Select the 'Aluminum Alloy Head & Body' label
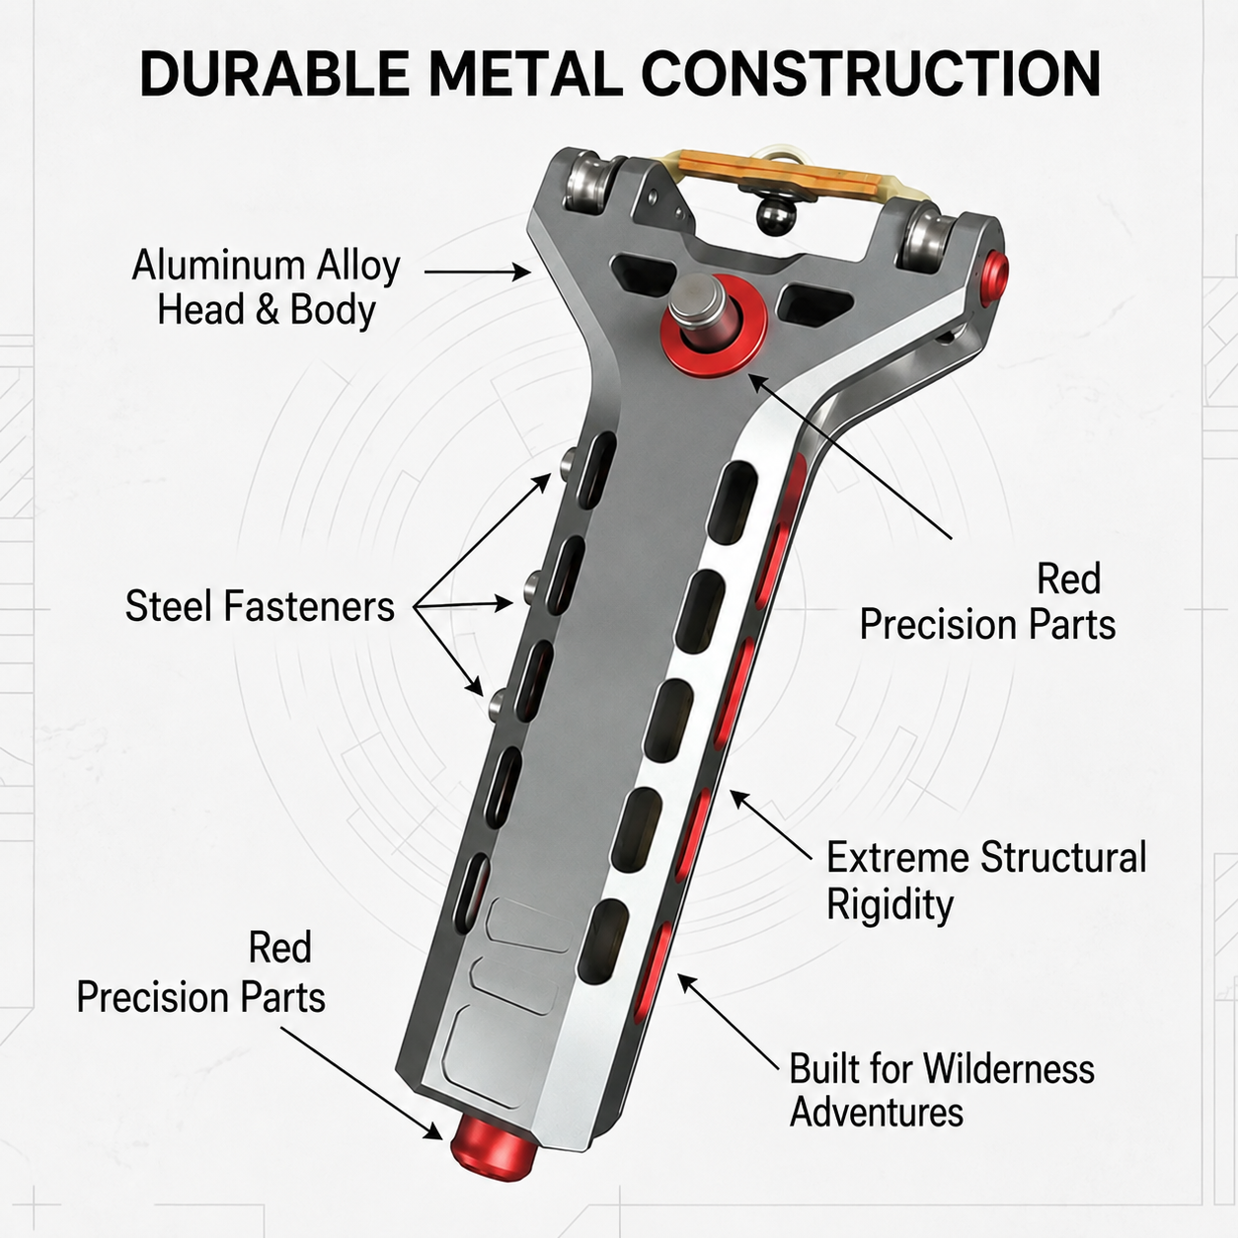coord(266,287)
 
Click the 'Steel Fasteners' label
coord(260,606)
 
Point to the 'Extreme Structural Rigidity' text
coord(986,881)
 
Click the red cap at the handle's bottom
coord(494,1152)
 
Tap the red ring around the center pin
coord(713,328)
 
